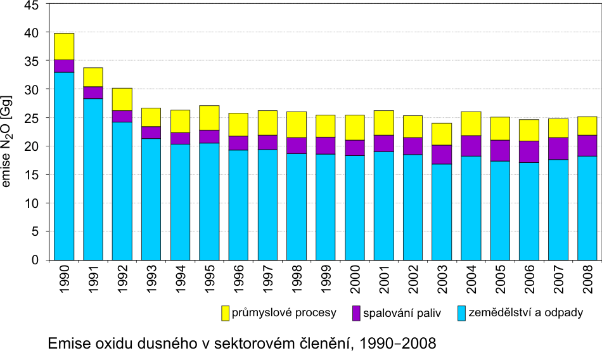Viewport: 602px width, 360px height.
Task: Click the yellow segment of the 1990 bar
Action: pos(64,46)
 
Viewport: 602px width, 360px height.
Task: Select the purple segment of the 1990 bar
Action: pos(64,66)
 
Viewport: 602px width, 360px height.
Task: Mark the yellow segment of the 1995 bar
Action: pos(209,118)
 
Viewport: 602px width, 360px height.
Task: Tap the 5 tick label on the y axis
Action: pos(35,232)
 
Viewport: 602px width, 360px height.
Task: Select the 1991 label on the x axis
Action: pos(93,283)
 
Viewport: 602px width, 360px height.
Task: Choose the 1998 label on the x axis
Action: pos(296,283)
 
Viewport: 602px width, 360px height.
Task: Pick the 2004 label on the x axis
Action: pos(470,283)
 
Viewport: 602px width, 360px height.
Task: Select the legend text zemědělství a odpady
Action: pos(527,313)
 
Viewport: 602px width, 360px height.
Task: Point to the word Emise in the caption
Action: pos(67,344)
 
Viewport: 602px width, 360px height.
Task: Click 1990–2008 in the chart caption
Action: pos(398,344)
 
